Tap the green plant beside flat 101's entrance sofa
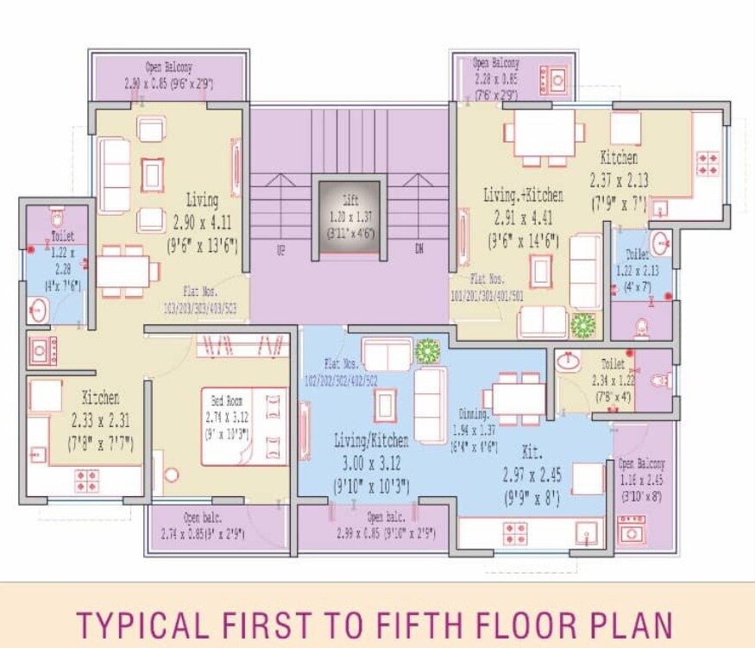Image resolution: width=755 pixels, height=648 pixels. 584,325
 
